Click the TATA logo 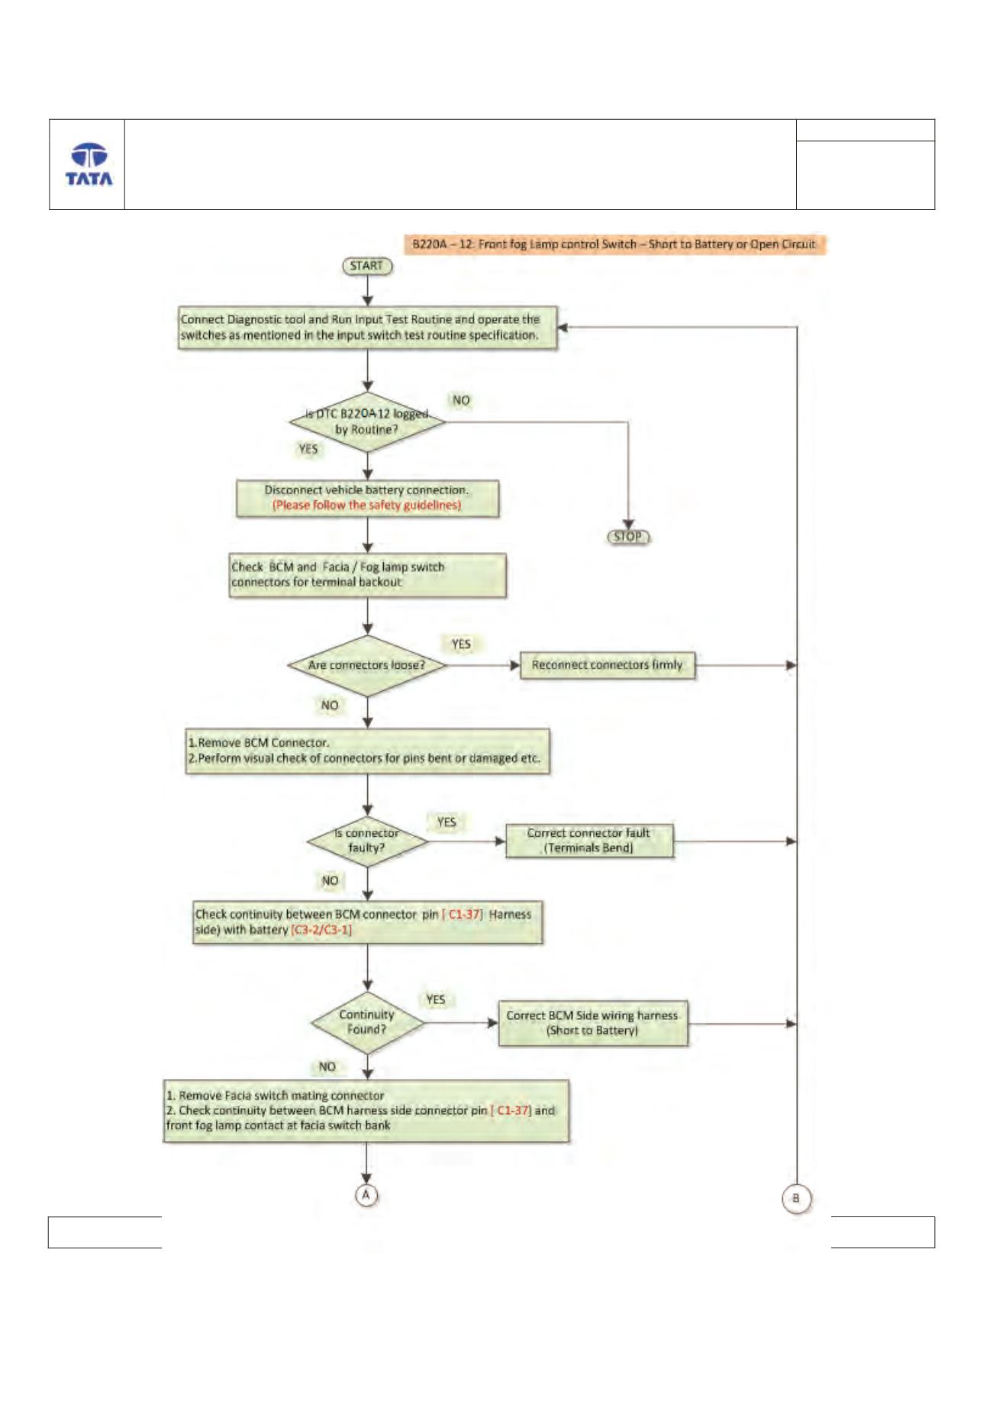click(x=89, y=164)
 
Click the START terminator click(x=367, y=266)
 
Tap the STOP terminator click(x=628, y=537)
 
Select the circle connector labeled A click(x=366, y=1195)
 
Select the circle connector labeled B click(x=796, y=1198)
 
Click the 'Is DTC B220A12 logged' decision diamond click(x=367, y=421)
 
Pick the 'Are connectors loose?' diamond click(x=367, y=665)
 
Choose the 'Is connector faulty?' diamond click(x=367, y=841)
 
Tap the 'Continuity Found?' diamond click(x=367, y=1022)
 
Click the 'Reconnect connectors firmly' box click(x=608, y=665)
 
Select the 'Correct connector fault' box click(x=589, y=841)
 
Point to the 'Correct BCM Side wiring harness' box click(x=592, y=1023)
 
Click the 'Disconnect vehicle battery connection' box click(x=367, y=498)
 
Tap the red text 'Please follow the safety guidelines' click(x=367, y=505)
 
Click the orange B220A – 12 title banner click(x=614, y=244)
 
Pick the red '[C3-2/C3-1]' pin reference click(x=321, y=930)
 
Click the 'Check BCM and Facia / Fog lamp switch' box click(x=367, y=575)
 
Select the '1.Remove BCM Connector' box click(x=367, y=751)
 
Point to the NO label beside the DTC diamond click(x=461, y=400)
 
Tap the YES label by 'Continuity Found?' click(x=436, y=1000)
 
